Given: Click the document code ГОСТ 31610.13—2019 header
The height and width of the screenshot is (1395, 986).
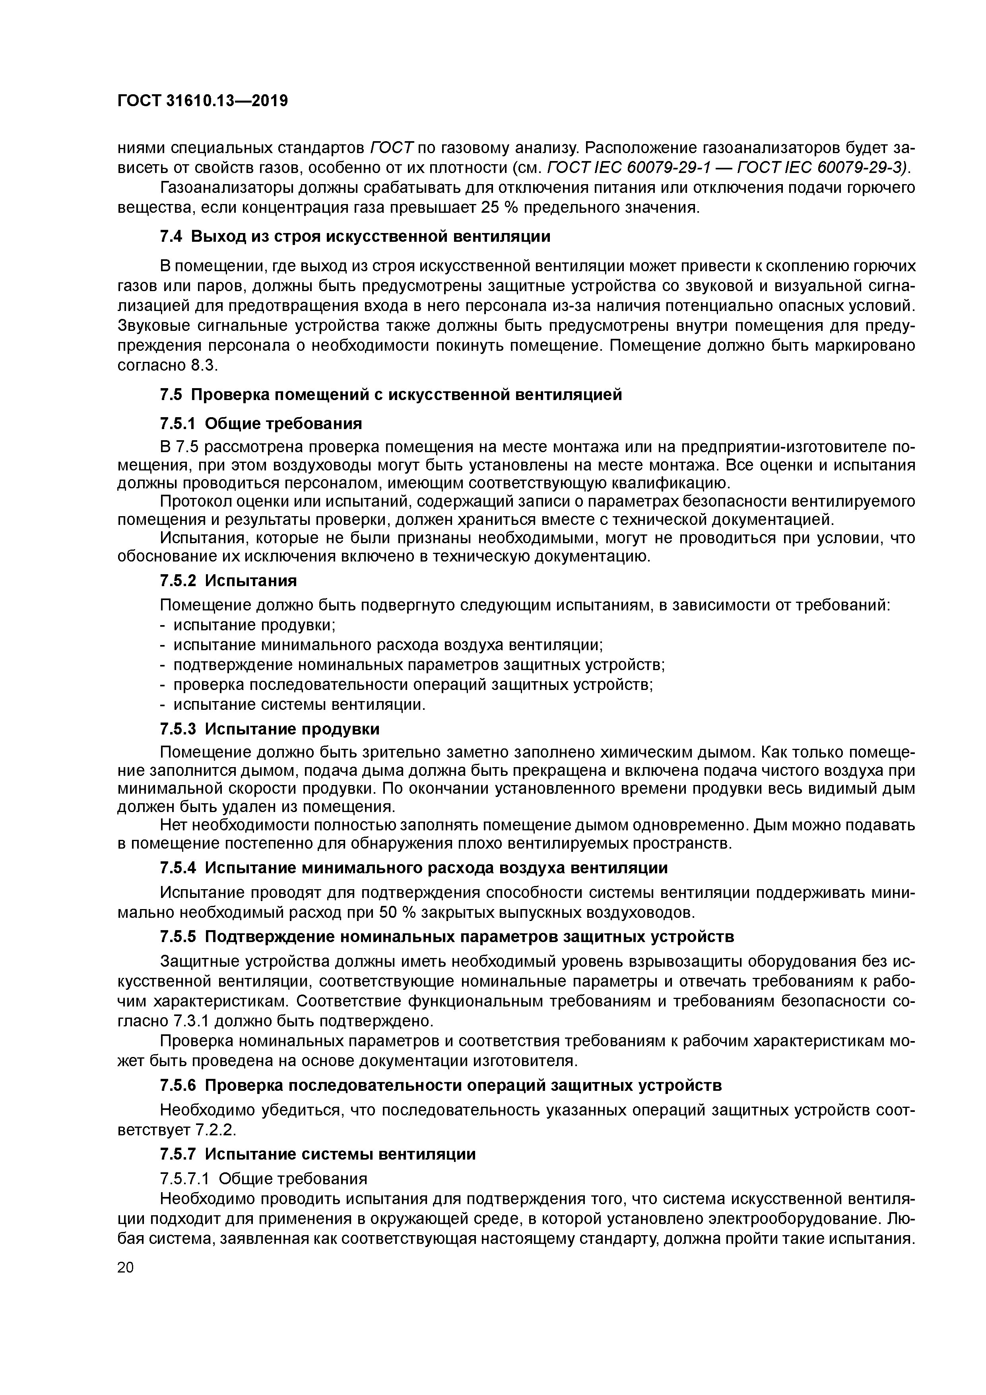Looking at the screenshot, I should pyautogui.click(x=202, y=100).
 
